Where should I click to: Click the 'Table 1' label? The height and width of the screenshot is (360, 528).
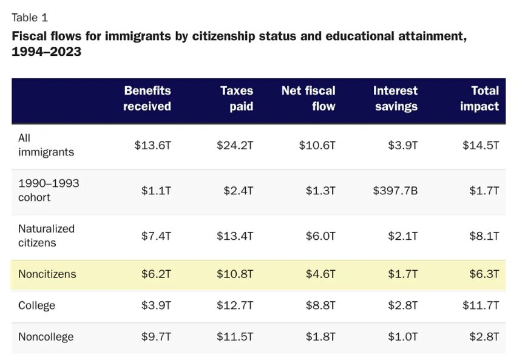point(29,17)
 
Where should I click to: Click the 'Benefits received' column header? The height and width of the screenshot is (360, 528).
point(147,98)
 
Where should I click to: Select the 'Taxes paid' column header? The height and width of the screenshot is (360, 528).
point(237,98)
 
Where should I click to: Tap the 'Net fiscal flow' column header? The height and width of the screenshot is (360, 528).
point(308,98)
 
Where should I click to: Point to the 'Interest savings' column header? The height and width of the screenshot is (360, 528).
point(395,98)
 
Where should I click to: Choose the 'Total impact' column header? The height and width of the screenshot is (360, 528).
point(479,98)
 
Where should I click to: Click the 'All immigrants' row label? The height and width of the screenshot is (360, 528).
point(46,145)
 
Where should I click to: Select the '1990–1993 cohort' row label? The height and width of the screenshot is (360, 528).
point(48,190)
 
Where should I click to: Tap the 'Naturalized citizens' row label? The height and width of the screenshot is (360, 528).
point(46,236)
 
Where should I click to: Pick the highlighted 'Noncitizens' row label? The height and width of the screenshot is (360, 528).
point(47,274)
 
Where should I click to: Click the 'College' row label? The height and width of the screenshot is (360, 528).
point(36,305)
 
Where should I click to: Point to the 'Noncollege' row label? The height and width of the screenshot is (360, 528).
point(46,337)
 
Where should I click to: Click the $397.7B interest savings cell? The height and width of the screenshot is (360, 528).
point(395,191)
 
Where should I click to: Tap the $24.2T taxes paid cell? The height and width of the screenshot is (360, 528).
point(235,146)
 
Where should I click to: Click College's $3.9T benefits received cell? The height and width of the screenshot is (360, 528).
point(157,305)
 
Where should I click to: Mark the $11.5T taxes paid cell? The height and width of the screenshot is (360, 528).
point(235,337)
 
